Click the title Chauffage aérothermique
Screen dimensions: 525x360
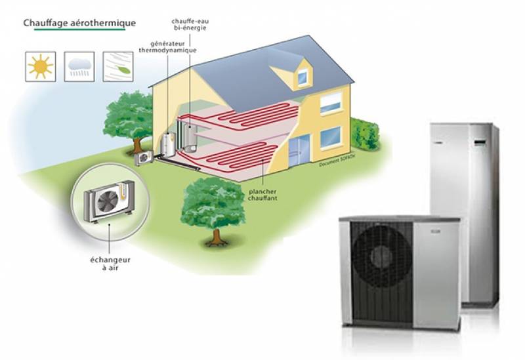click(79, 23)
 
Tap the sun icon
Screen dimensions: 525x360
click(41, 67)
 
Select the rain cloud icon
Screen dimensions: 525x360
click(79, 67)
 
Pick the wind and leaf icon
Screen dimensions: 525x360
click(118, 67)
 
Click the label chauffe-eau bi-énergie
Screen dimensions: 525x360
click(190, 24)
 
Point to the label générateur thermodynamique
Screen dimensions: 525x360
click(167, 47)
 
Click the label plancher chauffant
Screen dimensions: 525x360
click(262, 195)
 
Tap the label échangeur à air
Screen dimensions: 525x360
click(110, 264)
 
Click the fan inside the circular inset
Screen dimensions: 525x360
click(108, 201)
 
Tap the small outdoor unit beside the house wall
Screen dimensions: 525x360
click(144, 157)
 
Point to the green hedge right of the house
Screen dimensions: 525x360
click(365, 134)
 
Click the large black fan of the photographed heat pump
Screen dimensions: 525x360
click(382, 257)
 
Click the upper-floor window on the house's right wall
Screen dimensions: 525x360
click(331, 104)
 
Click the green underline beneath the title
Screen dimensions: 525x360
click(79, 30)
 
